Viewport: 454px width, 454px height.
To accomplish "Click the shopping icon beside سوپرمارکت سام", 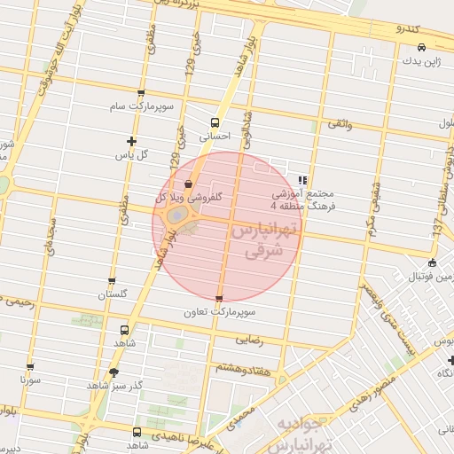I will point(141,94).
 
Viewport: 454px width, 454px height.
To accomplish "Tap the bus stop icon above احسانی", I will point(215,123).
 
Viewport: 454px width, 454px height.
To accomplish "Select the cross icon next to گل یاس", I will point(132,141).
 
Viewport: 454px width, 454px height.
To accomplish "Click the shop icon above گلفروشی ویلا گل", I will point(188,184).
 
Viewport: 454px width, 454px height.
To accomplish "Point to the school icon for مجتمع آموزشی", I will point(302,179).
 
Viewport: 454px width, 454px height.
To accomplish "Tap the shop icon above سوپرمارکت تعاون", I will point(219,299).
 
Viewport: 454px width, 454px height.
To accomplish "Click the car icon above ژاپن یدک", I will point(422,46).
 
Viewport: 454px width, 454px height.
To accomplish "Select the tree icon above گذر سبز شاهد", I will point(113,372).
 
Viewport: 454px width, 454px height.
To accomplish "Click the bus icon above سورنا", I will point(31,366).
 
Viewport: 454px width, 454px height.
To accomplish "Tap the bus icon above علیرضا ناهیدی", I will point(136,432).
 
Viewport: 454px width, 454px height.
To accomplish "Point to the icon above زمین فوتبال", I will point(431,262).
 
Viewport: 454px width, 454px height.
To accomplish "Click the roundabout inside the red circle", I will point(179,215).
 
